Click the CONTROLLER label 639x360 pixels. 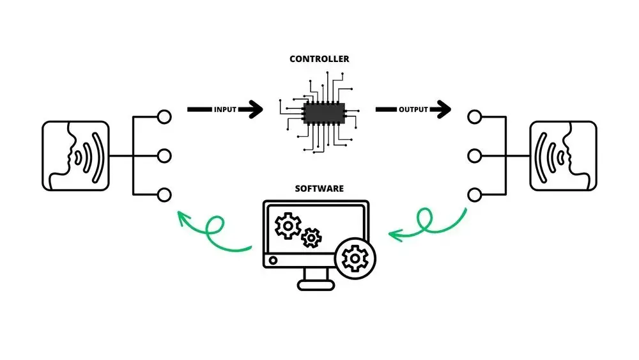pos(319,59)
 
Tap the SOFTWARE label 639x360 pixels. pos(319,189)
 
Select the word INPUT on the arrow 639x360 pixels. pos(226,110)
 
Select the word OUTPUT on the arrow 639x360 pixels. pos(413,110)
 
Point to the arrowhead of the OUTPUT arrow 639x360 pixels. pos(442,109)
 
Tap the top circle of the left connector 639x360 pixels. pos(164,117)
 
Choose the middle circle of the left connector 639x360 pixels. pos(164,155)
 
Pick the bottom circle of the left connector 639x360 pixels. pos(164,194)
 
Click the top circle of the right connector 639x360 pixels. pos(473,117)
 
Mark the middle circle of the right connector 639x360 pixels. pos(473,155)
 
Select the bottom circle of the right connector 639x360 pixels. pos(473,194)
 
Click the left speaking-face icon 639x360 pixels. pos(75,155)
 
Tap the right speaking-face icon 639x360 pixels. pos(563,155)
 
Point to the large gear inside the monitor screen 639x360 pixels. pos(287,225)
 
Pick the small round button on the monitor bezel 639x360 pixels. pos(274,260)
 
